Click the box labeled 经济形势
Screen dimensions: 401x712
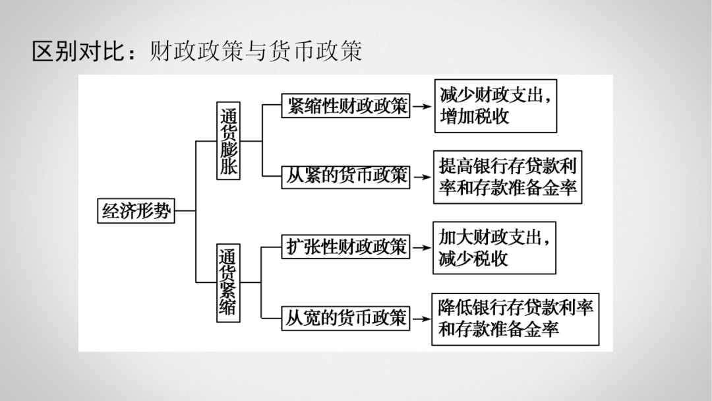click(x=136, y=211)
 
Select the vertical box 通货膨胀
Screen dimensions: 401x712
click(x=228, y=140)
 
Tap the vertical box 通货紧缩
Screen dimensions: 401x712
click(x=228, y=283)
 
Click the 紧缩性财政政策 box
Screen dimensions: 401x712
click(x=345, y=106)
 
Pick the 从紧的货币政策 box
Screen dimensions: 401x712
click(x=345, y=176)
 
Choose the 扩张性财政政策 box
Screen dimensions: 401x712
click(x=345, y=247)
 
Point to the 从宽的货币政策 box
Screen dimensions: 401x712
click(x=345, y=319)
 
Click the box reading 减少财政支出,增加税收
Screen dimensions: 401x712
click(x=495, y=106)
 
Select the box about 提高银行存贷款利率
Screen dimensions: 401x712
click(x=508, y=177)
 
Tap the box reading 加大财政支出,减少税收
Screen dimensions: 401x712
click(x=494, y=247)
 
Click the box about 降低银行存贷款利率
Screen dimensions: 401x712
click(x=515, y=319)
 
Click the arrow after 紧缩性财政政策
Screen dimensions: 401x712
click(x=422, y=106)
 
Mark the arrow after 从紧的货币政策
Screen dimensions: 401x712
click(x=422, y=176)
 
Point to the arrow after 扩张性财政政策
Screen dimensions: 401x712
click(x=422, y=247)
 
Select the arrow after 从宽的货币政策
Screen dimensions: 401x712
click(x=422, y=319)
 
